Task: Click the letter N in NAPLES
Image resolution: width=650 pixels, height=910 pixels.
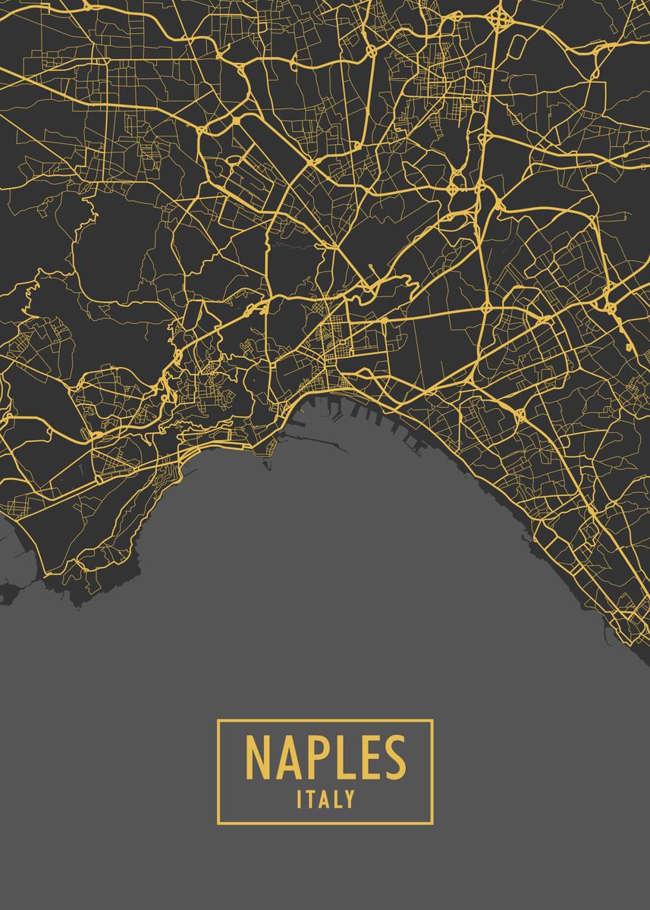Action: coord(260,758)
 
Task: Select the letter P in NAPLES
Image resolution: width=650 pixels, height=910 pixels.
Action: coord(319,758)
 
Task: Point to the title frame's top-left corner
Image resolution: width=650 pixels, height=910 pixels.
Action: coord(218,720)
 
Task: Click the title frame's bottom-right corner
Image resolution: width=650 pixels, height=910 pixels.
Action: coord(432,823)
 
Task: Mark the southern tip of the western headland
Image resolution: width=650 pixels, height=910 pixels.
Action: coord(76,603)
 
